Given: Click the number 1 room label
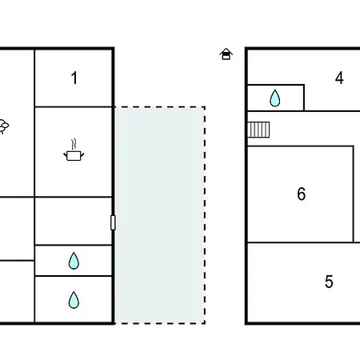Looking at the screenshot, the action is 74,78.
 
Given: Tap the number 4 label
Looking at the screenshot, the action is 339,78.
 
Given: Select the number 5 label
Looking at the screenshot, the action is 329,282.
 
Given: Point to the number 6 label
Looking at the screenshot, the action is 302,194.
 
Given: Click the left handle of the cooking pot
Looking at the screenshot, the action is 65,154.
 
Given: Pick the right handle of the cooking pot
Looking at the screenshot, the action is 82,154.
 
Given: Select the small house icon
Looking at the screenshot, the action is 226,54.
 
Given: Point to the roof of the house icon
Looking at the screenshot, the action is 226,50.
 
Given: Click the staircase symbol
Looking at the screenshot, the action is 258,130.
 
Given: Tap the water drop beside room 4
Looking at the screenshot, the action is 275,98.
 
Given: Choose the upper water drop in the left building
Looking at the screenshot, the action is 74,261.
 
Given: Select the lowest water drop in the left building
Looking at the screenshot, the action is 74,300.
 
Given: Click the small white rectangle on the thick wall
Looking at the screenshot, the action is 113,222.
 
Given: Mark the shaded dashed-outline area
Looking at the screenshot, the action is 160,215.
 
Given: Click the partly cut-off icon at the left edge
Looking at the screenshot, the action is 4,126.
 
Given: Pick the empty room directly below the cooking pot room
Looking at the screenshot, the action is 74,221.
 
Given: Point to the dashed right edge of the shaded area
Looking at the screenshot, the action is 205,215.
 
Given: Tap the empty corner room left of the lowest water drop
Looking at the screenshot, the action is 17,291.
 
